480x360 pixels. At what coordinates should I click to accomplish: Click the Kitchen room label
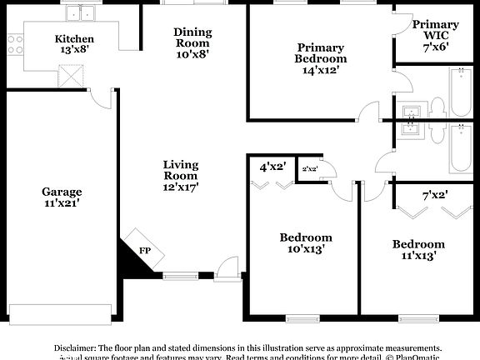(74, 39)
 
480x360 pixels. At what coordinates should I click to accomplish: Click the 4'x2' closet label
(272, 167)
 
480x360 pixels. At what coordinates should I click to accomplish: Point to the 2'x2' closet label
(310, 169)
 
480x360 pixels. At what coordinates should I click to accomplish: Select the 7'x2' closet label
(435, 195)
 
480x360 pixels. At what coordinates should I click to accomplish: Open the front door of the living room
(225, 267)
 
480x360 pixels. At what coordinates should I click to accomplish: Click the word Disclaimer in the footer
(76, 347)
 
